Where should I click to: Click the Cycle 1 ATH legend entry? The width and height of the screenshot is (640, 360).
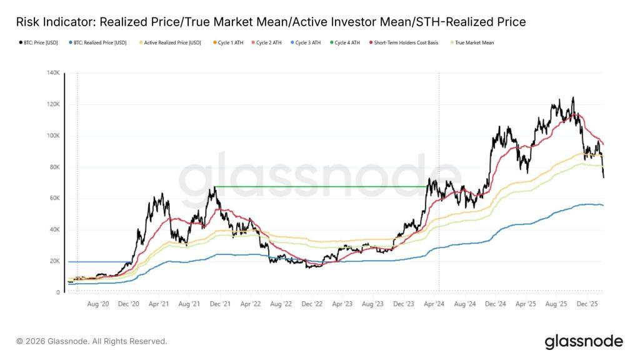tap(229, 42)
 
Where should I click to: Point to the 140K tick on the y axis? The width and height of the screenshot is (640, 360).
tap(52, 73)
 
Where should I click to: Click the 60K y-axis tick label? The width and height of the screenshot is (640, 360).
tap(54, 198)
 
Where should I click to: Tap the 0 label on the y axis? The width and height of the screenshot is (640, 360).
tap(57, 292)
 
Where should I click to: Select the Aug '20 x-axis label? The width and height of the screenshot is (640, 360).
tap(99, 303)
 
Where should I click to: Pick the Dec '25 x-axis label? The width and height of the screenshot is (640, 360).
tap(586, 303)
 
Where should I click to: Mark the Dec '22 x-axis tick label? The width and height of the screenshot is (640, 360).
tap(312, 303)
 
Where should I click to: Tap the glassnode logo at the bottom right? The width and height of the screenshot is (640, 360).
tap(583, 341)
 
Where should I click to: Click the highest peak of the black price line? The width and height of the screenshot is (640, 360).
tap(572, 98)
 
